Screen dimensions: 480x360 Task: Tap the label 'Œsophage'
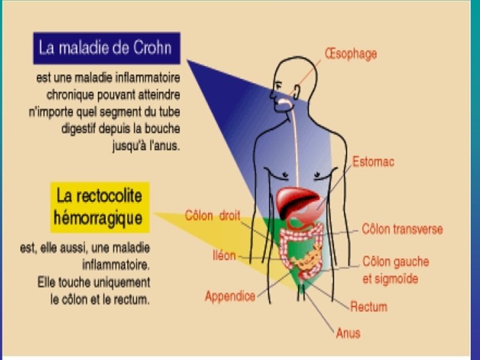coord(350,53)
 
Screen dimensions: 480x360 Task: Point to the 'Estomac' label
coord(373,161)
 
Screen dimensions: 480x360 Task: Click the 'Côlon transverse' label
coord(402,229)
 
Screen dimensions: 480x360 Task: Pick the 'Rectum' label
coord(369,307)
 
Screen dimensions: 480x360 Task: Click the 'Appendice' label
coord(230,296)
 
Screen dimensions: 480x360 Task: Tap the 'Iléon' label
coord(223,255)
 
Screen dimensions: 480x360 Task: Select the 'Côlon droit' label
coord(212,215)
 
